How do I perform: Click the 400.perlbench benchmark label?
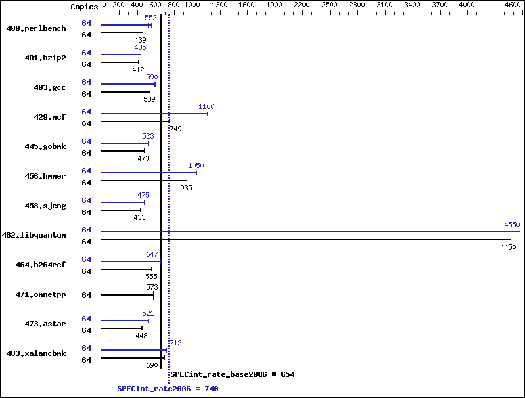(x=36, y=28)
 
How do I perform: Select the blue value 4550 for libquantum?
(x=512, y=225)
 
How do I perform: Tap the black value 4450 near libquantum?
(x=508, y=247)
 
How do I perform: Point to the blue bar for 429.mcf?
(x=154, y=114)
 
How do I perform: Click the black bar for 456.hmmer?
(x=144, y=181)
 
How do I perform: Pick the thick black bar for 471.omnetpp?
(x=127, y=295)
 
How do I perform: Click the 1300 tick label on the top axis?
(x=219, y=5)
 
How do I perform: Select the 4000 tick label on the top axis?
(x=467, y=5)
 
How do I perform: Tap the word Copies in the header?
(x=84, y=7)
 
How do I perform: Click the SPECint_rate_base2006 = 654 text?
(x=233, y=374)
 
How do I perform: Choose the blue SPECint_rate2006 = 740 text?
(x=168, y=389)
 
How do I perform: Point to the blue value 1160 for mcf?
(x=206, y=106)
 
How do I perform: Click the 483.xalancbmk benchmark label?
(x=36, y=353)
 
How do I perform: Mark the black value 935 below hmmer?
(x=186, y=188)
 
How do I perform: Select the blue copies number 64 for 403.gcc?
(x=86, y=82)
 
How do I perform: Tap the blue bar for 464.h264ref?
(x=131, y=261)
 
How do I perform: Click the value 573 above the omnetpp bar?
(x=152, y=287)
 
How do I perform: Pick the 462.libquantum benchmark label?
(x=34, y=235)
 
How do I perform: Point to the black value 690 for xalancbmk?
(x=152, y=365)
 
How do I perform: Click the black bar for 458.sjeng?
(x=121, y=210)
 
